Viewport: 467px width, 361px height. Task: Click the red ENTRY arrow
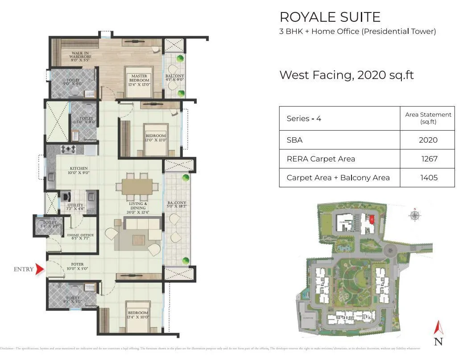tap(40, 269)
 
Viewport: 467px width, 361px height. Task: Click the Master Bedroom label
tap(139, 78)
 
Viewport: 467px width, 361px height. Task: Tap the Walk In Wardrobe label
tap(81, 56)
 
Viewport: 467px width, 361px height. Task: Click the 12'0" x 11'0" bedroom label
tap(155, 138)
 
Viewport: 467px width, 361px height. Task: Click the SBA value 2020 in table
tap(428, 140)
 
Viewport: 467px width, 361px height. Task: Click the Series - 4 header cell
tap(303, 119)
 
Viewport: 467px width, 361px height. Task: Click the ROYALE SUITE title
tap(330, 17)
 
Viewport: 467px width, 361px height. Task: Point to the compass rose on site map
tap(415, 215)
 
